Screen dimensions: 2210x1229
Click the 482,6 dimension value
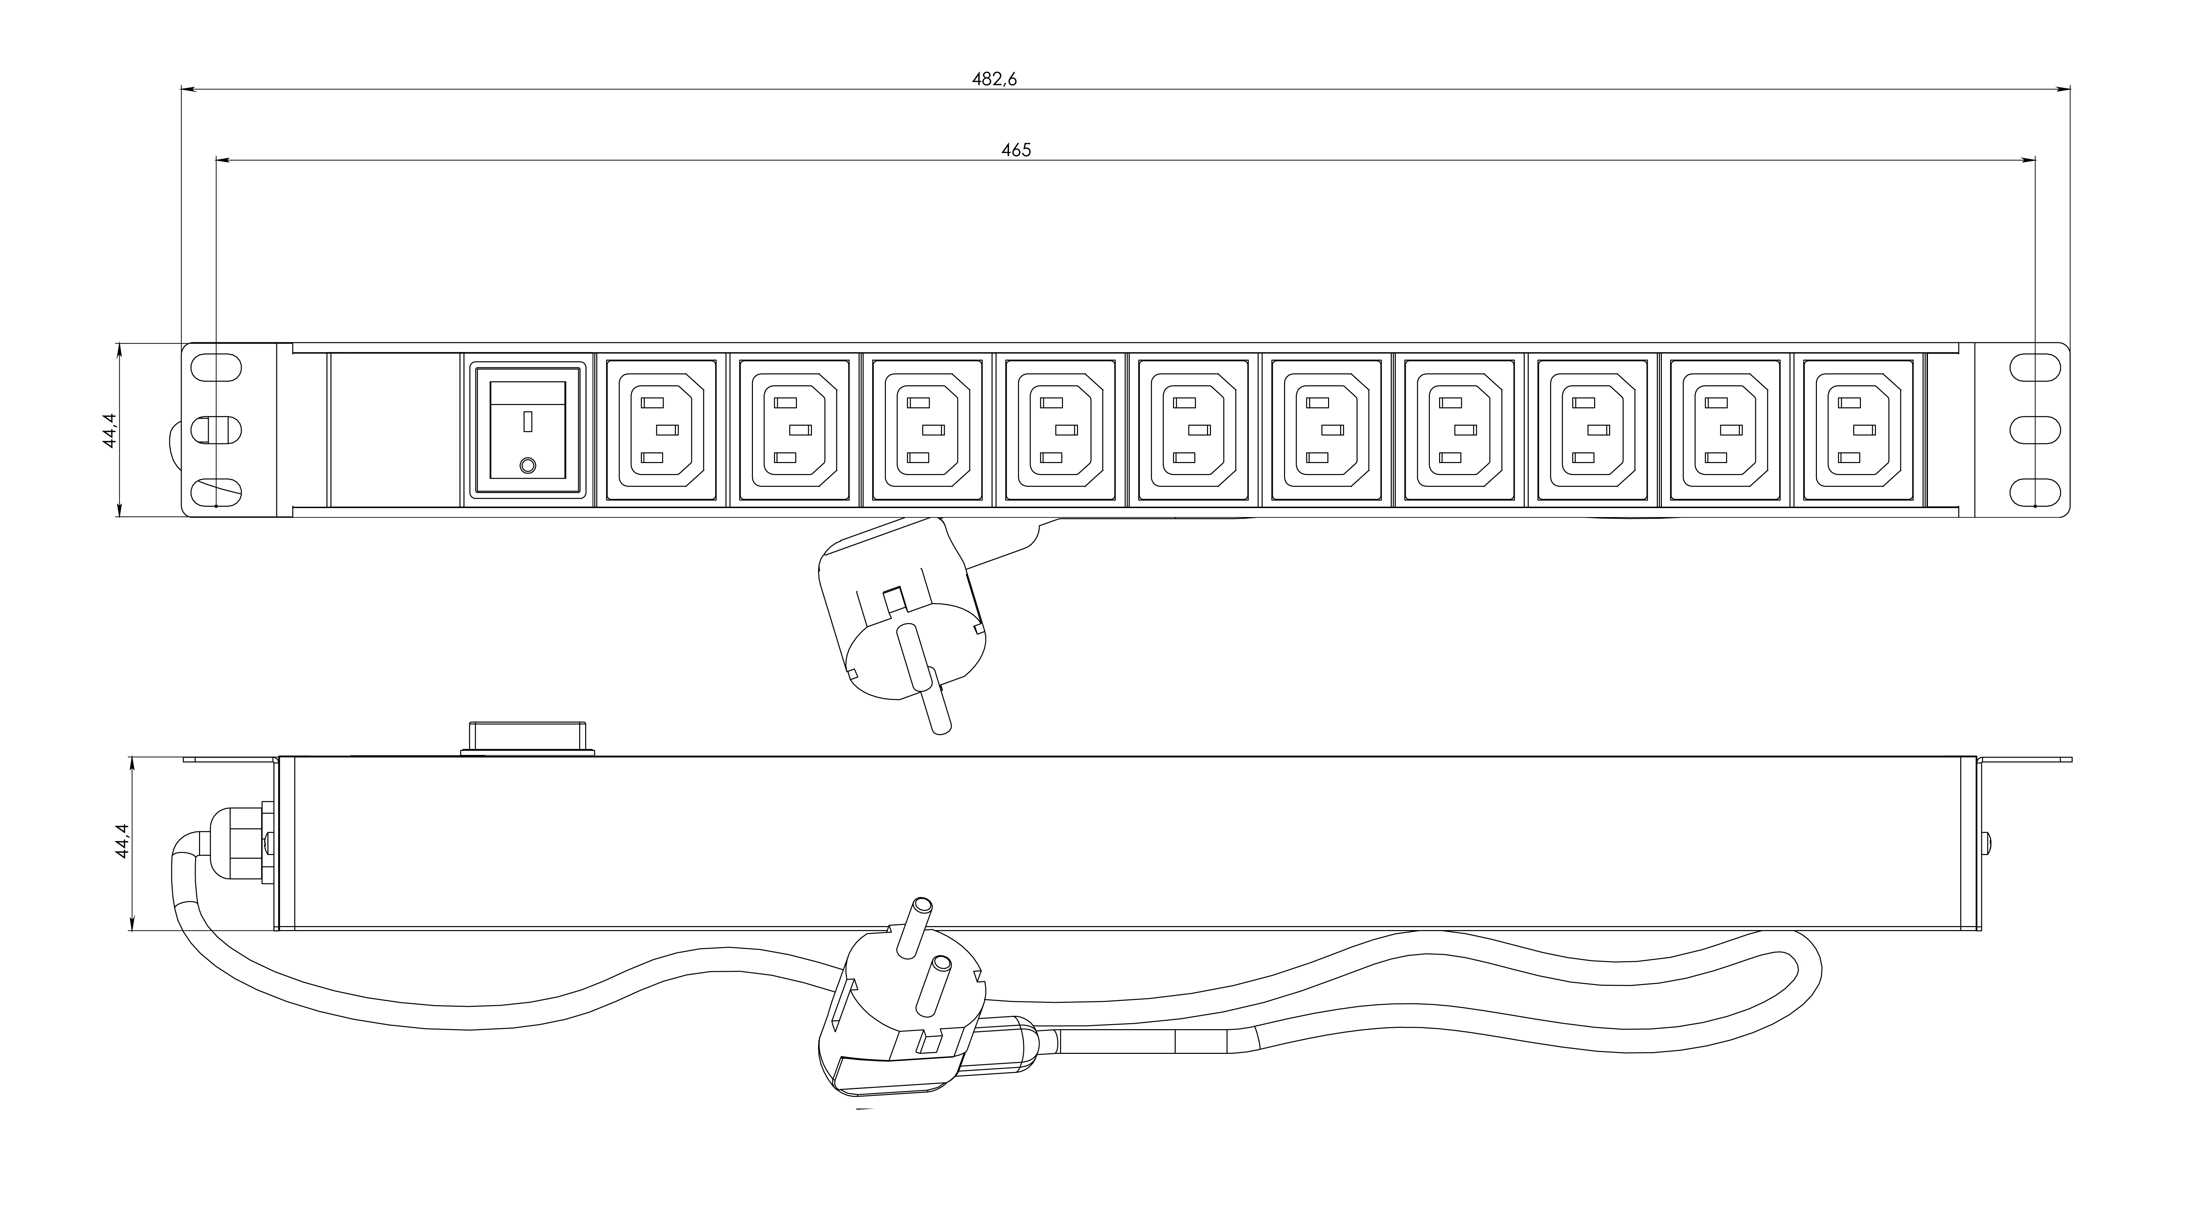coord(994,79)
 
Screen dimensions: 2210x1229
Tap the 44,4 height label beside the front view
coord(109,429)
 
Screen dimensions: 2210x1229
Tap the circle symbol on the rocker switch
coord(527,465)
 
